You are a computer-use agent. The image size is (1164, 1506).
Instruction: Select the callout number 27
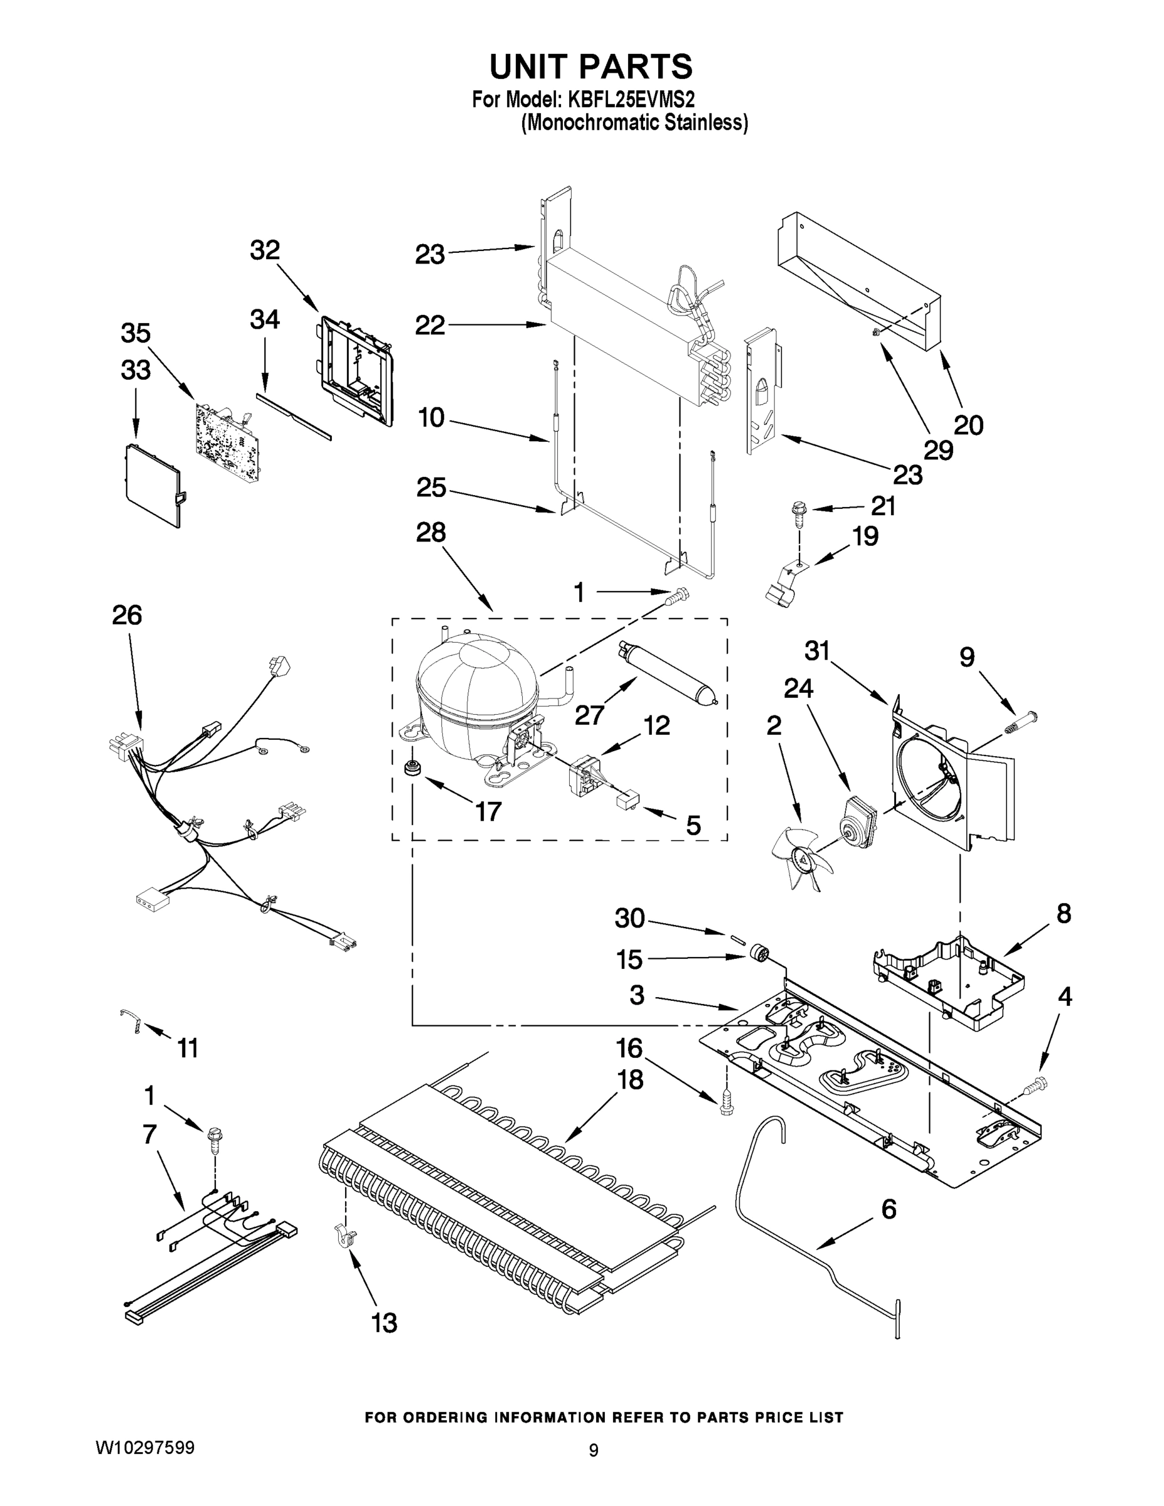tap(590, 715)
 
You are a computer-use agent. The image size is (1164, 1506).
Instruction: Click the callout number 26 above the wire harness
tap(127, 614)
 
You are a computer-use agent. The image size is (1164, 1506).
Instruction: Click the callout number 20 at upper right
tap(968, 425)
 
